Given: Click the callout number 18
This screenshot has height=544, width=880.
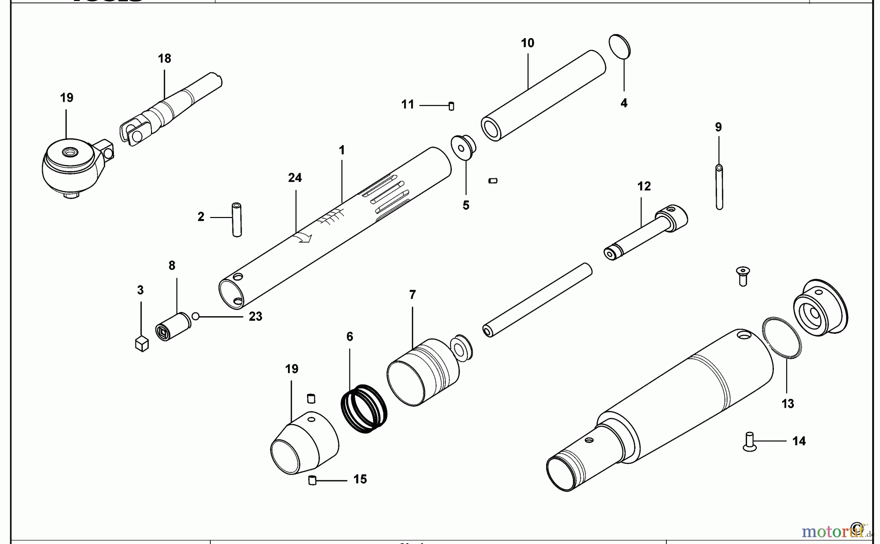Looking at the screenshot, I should tap(164, 59).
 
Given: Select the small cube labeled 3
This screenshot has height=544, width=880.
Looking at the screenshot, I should tap(141, 344).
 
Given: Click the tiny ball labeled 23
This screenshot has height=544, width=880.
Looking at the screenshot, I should tap(196, 316).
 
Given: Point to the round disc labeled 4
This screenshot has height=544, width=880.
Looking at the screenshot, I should tap(620, 47).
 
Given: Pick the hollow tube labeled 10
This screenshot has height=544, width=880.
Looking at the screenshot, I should tap(543, 96).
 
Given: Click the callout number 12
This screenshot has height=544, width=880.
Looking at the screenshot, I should tap(644, 186).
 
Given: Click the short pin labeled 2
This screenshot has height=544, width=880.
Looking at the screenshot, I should tap(237, 219).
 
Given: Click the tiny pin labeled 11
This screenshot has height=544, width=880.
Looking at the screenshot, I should tap(451, 106).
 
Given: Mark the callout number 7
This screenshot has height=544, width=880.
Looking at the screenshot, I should tap(412, 295).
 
